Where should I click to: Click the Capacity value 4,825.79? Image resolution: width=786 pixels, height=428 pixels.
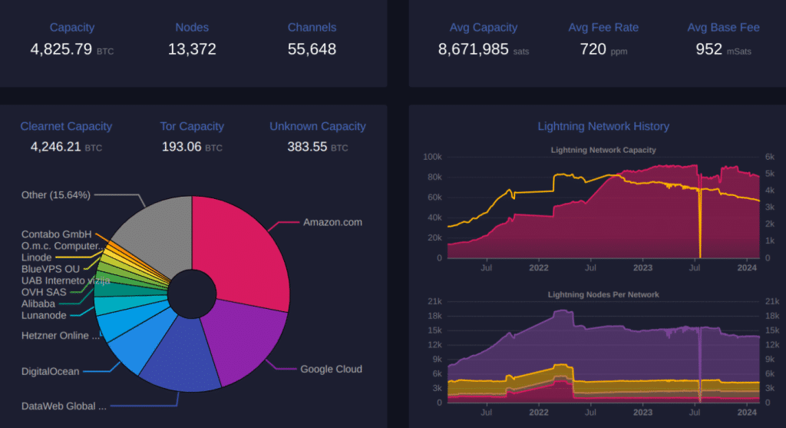[61, 50]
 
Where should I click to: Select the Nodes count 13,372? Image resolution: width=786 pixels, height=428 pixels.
[192, 50]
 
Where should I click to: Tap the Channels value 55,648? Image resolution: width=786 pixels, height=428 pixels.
[312, 50]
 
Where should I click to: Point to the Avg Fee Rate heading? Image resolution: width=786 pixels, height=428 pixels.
[603, 28]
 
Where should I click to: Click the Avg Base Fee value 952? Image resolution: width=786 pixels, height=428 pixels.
[708, 50]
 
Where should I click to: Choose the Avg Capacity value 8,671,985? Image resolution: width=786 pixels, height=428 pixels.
[473, 50]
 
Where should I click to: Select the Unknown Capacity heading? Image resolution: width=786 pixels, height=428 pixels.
[318, 126]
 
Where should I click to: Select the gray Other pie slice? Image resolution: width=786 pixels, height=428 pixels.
[157, 231]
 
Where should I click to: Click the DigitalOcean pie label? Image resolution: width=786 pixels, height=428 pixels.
[50, 372]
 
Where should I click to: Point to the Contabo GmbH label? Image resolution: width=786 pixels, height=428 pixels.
[56, 234]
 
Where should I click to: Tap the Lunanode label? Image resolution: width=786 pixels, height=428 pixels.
[44, 314]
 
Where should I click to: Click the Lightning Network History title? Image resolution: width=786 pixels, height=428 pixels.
[603, 126]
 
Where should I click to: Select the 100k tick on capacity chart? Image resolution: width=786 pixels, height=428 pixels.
[432, 157]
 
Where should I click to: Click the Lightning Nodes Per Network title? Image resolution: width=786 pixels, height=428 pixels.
[603, 294]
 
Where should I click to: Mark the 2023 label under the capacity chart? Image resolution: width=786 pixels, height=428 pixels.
[642, 268]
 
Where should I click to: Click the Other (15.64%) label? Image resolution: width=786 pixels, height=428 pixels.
[56, 195]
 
